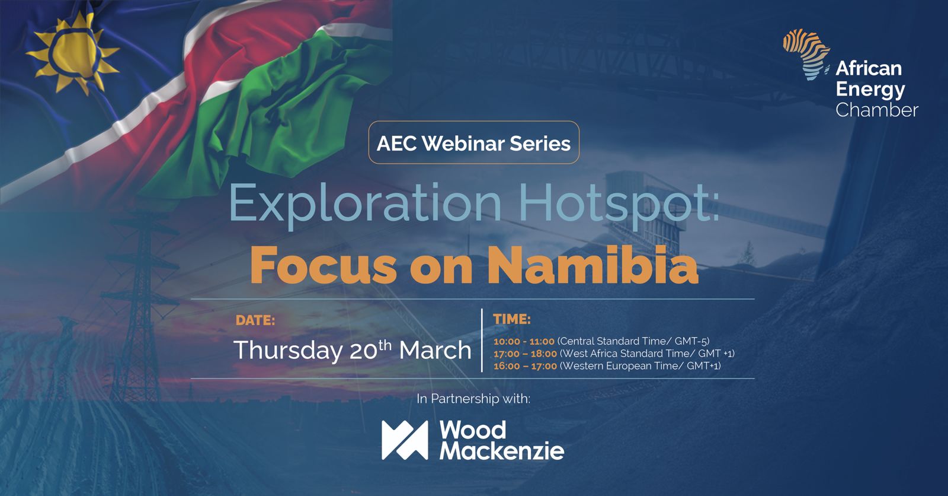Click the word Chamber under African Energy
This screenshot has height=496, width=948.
point(877,110)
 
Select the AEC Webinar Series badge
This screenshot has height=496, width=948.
point(473,142)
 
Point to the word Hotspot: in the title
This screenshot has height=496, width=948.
point(620,204)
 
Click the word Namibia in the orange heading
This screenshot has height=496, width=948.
point(593,265)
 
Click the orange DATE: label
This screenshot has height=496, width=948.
point(255,320)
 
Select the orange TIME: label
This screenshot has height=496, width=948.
point(512,319)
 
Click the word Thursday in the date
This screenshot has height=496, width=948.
point(288,351)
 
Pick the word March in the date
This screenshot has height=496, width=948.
point(435,351)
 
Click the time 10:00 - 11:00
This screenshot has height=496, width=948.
point(524,341)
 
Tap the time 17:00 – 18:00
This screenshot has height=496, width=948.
point(525,354)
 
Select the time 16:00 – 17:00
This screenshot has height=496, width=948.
point(525,366)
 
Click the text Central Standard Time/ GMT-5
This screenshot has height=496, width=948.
point(633,341)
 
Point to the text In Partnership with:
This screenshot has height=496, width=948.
point(473,399)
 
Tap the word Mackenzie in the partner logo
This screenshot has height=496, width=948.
point(502,452)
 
